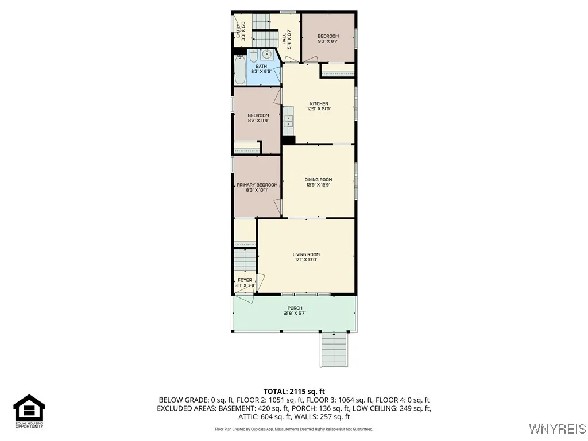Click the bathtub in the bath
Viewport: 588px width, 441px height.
[240, 69]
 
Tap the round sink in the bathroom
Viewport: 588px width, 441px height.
[266, 55]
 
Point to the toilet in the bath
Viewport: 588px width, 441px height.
[254, 56]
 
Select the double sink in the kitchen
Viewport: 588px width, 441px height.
[288, 121]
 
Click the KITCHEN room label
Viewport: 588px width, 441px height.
[319, 104]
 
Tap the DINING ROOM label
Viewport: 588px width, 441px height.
[318, 180]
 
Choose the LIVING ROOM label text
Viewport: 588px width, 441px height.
[306, 254]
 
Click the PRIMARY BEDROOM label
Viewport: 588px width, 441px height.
[257, 185]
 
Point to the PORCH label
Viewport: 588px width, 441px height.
[295, 308]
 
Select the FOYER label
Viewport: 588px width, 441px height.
[245, 281]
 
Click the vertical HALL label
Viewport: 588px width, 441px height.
[284, 38]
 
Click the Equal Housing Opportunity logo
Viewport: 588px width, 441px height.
[29, 411]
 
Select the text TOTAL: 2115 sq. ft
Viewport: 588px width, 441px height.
[294, 392]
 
